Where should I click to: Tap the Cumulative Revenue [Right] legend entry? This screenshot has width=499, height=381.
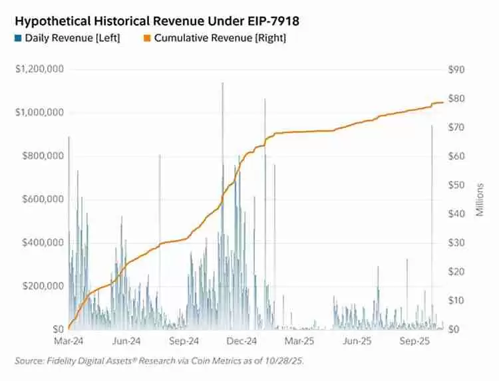coord(214,38)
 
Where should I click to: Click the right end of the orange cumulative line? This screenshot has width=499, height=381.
coord(443,102)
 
